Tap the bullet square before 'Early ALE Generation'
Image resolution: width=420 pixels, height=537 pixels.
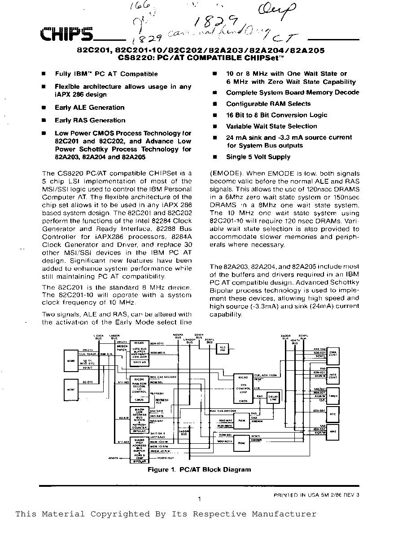click(44, 108)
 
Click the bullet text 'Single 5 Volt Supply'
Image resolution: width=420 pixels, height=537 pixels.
click(258, 157)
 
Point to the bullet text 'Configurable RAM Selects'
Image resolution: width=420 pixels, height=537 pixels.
click(268, 104)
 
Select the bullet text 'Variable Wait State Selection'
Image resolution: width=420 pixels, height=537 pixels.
click(271, 126)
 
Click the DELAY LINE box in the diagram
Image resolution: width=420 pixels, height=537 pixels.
click(273, 398)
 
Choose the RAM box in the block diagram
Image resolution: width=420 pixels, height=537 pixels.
click(241, 420)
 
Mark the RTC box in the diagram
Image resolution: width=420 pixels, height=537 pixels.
click(332, 415)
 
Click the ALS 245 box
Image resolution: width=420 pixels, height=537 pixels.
click(222, 349)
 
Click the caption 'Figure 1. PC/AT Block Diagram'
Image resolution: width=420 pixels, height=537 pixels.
click(199, 469)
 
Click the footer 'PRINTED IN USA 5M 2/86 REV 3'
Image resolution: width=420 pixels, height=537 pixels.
click(317, 495)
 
